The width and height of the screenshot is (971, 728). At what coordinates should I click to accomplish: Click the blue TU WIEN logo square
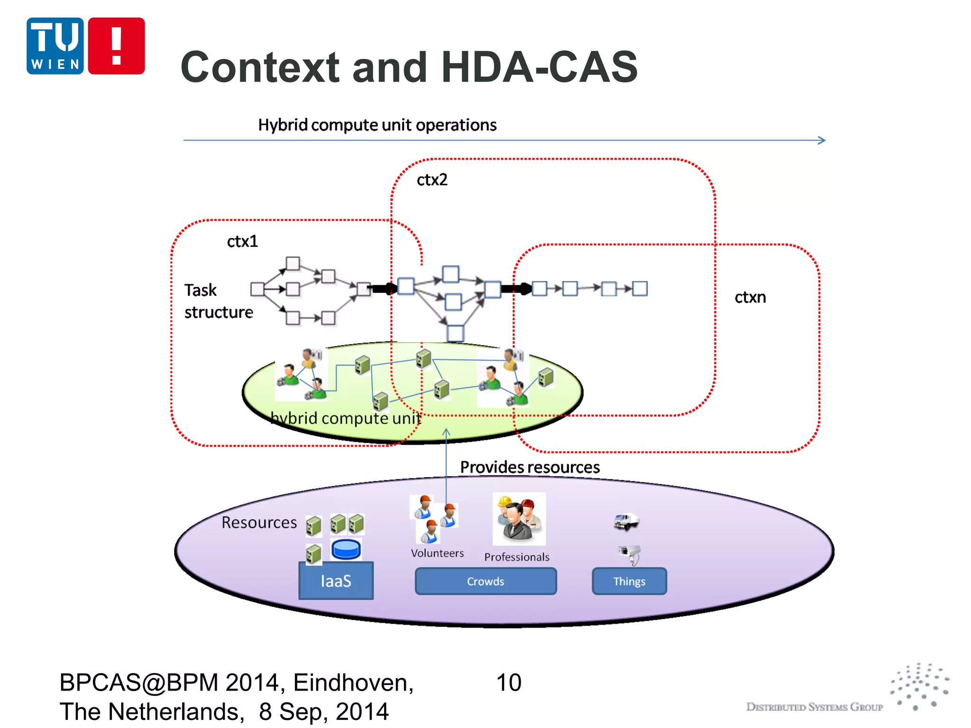55,46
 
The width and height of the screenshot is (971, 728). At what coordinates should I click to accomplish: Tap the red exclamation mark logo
116,46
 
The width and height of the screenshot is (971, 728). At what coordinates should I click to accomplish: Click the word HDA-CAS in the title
539,67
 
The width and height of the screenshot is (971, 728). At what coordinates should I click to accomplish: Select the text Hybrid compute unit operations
377,125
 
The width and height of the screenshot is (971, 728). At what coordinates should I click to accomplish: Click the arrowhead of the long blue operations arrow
822,140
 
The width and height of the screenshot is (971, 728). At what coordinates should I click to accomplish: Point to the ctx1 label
242,242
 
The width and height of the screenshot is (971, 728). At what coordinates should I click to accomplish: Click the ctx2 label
431,180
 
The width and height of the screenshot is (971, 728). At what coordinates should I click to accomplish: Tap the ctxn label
750,298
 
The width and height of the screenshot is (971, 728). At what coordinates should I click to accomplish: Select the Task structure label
218,301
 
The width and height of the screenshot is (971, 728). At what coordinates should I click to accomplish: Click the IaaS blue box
336,581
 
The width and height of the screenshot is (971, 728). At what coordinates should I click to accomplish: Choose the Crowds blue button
485,582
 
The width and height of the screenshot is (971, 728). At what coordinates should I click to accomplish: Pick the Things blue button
629,582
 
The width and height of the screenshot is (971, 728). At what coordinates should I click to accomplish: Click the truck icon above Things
626,522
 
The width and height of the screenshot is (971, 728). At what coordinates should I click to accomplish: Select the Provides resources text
530,467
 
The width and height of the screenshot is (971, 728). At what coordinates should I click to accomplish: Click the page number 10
508,683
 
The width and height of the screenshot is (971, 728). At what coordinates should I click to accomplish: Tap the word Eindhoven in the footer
353,683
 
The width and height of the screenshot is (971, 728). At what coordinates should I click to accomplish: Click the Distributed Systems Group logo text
814,707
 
